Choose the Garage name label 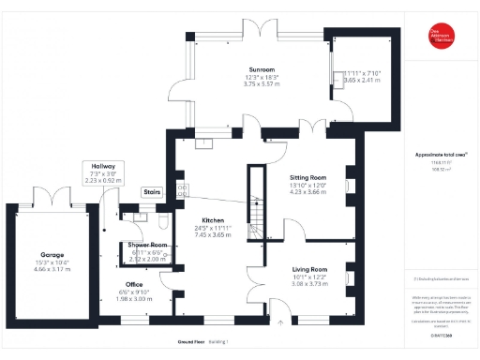coord(52,254)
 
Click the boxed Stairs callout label coord(152,191)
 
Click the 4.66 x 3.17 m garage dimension coord(52,269)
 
